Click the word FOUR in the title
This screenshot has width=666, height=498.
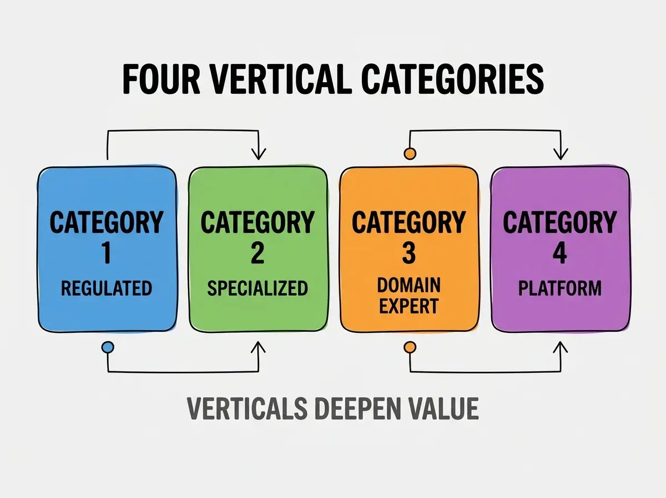161,79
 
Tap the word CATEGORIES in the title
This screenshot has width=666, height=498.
452,79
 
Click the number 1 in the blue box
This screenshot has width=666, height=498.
106,253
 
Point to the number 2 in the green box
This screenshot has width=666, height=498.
258,253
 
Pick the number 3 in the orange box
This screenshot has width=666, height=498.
408,253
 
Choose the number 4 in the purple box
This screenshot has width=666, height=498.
560,253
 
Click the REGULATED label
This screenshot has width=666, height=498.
107,288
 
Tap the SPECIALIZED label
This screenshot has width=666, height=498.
258,288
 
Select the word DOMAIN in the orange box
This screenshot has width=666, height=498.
408,285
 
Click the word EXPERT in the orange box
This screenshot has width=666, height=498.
408,306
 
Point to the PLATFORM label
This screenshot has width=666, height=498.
560,288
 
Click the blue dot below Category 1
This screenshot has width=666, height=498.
108,347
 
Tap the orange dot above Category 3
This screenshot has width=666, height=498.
410,153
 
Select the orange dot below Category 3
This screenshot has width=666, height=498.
410,347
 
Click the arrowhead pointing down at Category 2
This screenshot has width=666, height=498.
259,154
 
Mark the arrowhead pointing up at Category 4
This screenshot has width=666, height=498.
560,347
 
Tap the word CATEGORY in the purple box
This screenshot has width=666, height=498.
560,222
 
